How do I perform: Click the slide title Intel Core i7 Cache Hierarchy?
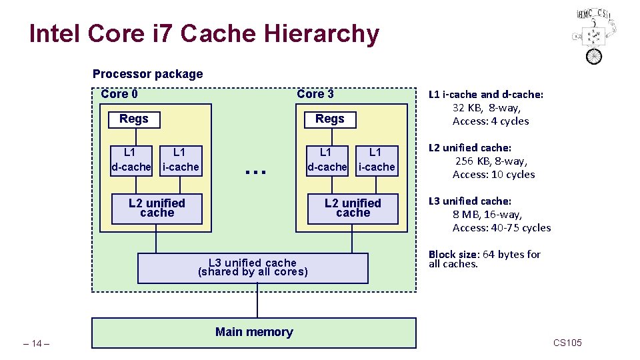pyautogui.click(x=204, y=33)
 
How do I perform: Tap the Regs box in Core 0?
pyautogui.click(x=134, y=119)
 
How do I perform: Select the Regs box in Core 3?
pyautogui.click(x=330, y=119)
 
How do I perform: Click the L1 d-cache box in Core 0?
pyautogui.click(x=131, y=160)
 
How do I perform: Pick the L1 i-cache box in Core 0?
pyautogui.click(x=180, y=160)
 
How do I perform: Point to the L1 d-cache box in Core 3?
pyautogui.click(x=327, y=160)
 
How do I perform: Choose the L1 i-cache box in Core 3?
pyautogui.click(x=377, y=160)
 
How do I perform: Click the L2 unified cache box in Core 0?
pyautogui.click(x=157, y=208)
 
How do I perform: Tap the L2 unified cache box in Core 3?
pyautogui.click(x=353, y=208)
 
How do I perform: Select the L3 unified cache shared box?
pyautogui.click(x=253, y=267)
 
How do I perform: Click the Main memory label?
pyautogui.click(x=254, y=332)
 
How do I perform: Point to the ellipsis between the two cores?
pyautogui.click(x=255, y=171)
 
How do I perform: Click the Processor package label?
pyautogui.click(x=147, y=74)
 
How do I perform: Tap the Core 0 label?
pyautogui.click(x=119, y=94)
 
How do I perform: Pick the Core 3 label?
pyautogui.click(x=315, y=94)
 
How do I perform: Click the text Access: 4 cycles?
pyautogui.click(x=491, y=121)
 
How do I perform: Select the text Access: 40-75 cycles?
pyautogui.click(x=501, y=228)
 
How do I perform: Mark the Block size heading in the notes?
pyautogui.click(x=453, y=255)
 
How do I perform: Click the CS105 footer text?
pyautogui.click(x=567, y=343)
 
